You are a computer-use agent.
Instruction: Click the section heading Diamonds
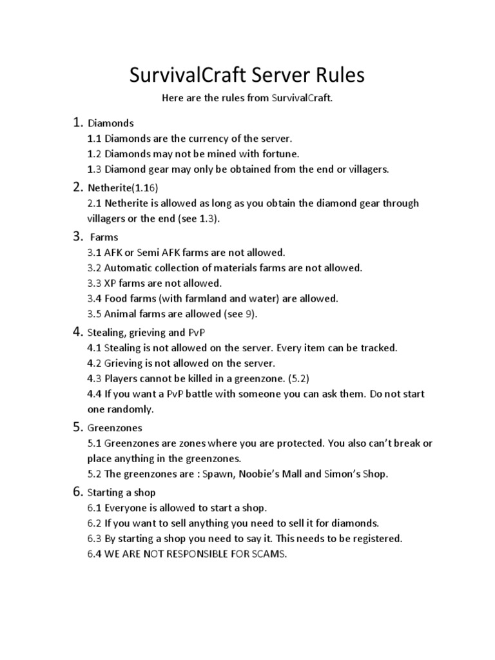(111, 122)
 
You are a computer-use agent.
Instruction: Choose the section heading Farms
(104, 237)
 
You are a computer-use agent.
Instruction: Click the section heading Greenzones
(115, 427)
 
